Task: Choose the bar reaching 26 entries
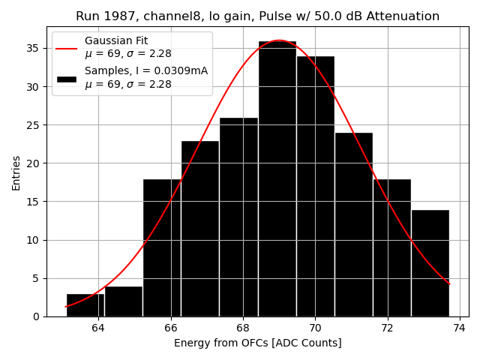point(238,217)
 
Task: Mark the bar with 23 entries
point(200,228)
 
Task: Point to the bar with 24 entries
point(353,224)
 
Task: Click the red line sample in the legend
point(66,47)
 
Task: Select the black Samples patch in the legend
point(66,78)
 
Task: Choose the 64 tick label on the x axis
point(98,328)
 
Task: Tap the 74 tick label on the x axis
point(460,328)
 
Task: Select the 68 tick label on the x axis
point(243,328)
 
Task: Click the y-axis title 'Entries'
point(16,173)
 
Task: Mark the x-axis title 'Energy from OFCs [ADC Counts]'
point(257,343)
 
